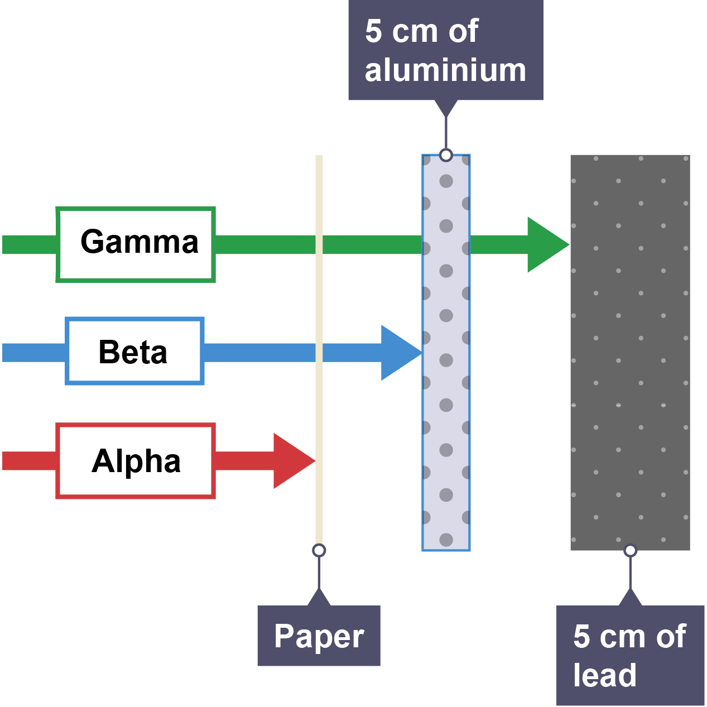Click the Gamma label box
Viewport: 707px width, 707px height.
click(x=136, y=244)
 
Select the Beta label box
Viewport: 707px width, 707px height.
click(x=134, y=352)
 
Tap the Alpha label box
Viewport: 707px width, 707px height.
click(x=136, y=461)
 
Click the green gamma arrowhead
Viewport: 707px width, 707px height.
click(x=546, y=244)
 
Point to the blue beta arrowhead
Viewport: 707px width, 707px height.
click(x=398, y=353)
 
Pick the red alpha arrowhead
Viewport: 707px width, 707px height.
click(x=291, y=461)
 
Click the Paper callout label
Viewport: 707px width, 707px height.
click(x=319, y=636)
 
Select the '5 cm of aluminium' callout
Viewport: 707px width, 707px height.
click(x=445, y=50)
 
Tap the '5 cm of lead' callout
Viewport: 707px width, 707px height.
click(x=630, y=655)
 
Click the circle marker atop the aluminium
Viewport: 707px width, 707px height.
click(x=446, y=155)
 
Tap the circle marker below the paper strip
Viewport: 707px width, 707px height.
click(x=319, y=551)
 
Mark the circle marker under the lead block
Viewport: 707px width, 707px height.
click(x=630, y=551)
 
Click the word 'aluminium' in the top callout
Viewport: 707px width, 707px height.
click(x=445, y=70)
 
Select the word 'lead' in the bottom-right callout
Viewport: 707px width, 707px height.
click(x=605, y=675)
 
